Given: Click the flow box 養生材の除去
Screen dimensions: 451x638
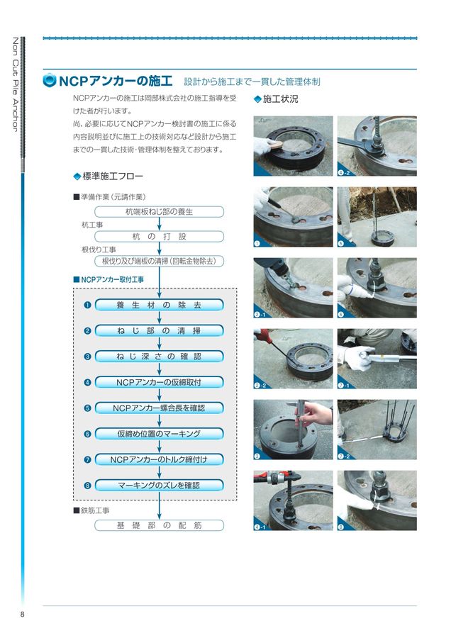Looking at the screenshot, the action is point(159,305).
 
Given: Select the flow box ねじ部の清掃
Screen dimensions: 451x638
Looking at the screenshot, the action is point(159,331).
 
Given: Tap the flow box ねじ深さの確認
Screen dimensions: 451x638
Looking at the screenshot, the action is point(159,357).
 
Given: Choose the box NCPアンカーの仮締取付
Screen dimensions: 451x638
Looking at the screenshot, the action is point(159,382).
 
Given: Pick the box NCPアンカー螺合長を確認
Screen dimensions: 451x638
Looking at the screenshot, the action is point(159,408).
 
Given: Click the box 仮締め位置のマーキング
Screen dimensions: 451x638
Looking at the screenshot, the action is point(159,434).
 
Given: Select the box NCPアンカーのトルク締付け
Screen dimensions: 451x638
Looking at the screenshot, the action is point(159,459).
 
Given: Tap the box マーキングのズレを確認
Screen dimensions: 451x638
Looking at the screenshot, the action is point(159,485).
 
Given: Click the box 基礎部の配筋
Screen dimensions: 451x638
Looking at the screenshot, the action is point(159,525).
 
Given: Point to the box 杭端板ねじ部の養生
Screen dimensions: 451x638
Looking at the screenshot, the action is point(159,211).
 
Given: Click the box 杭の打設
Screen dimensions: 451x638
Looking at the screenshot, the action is point(159,236).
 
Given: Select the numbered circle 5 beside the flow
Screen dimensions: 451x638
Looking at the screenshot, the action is point(87,408).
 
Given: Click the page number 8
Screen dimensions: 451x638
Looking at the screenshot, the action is point(23,615).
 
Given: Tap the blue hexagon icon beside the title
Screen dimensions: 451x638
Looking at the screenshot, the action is point(50,80).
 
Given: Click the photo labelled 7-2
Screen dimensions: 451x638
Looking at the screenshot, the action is point(377,430).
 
